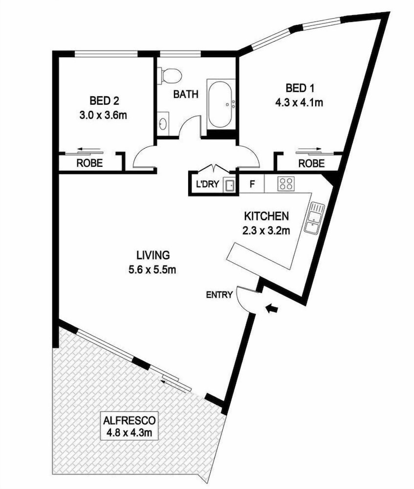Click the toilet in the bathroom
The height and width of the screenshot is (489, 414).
pos(170,76)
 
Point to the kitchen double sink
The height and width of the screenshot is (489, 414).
pos(314,218)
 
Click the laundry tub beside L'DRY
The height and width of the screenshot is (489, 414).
pos(230,185)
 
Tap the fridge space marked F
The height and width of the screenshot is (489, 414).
pos(252,184)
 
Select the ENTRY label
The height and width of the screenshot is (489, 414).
pos(219,295)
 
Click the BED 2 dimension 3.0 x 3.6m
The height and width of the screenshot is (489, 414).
pos(103,115)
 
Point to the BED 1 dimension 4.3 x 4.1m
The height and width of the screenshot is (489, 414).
pos(299,102)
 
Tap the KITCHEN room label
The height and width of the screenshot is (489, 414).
pos(266,216)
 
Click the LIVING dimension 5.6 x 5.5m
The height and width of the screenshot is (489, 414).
pos(152,269)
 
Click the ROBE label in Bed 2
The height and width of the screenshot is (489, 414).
pos(89,163)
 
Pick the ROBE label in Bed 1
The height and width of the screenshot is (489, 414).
pos(311,163)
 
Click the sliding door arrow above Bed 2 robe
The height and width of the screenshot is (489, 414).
pos(89,149)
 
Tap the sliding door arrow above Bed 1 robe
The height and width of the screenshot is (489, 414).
pos(310,149)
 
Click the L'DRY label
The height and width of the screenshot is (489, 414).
pos(208,184)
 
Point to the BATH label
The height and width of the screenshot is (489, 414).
pos(186,94)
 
